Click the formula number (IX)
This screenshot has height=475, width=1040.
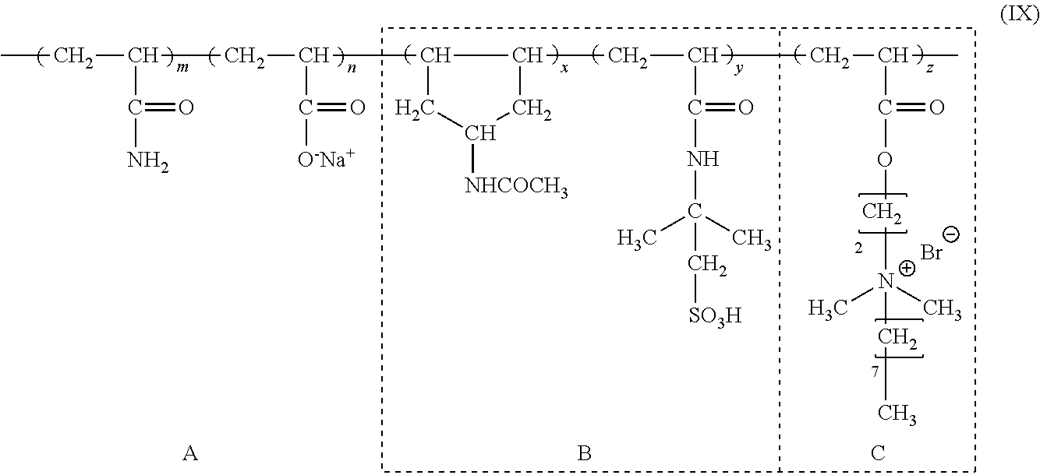[x=1019, y=14]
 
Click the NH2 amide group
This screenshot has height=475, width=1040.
[x=147, y=162]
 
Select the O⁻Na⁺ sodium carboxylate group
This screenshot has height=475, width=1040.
[x=326, y=159]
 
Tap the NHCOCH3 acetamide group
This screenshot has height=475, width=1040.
[x=516, y=187]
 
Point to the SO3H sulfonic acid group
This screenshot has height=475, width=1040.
[x=715, y=316]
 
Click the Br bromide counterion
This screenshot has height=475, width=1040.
[x=931, y=253]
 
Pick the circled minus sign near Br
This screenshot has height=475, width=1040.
[x=951, y=234]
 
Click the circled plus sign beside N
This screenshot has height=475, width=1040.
[x=907, y=268]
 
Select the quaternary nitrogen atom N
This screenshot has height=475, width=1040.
[x=886, y=282]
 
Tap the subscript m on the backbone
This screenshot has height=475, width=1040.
[x=182, y=68]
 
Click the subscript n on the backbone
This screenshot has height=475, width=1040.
[x=352, y=68]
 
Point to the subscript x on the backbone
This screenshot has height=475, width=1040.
[x=564, y=69]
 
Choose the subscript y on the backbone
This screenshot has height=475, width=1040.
[x=738, y=69]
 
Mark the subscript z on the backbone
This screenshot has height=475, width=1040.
[x=929, y=69]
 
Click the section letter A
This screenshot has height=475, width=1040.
[x=190, y=453]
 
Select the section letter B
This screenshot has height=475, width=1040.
[x=584, y=453]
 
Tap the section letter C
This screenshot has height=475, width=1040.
[x=878, y=453]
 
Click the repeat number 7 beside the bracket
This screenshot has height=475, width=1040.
[x=875, y=372]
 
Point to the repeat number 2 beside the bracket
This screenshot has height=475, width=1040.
[x=858, y=248]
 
